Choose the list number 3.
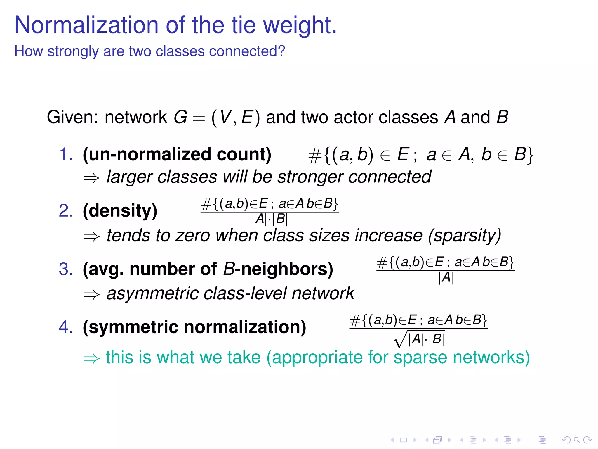click(66, 269)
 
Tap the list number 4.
click(66, 327)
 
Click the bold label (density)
click(120, 211)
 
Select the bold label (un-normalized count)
click(177, 155)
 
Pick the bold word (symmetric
click(130, 327)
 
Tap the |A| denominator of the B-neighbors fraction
click(446, 277)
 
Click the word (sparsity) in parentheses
click(465, 236)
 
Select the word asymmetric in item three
click(152, 293)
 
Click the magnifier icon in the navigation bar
click(576, 440)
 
